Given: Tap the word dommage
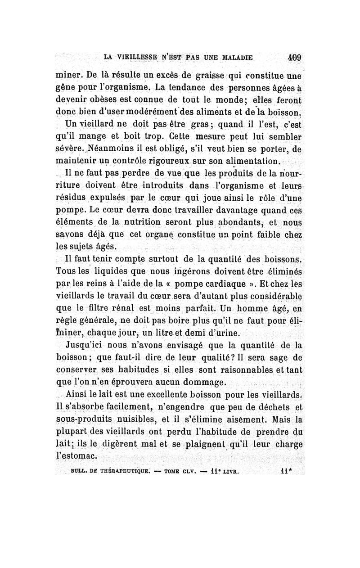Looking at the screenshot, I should pyautogui.click(x=202, y=383).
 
